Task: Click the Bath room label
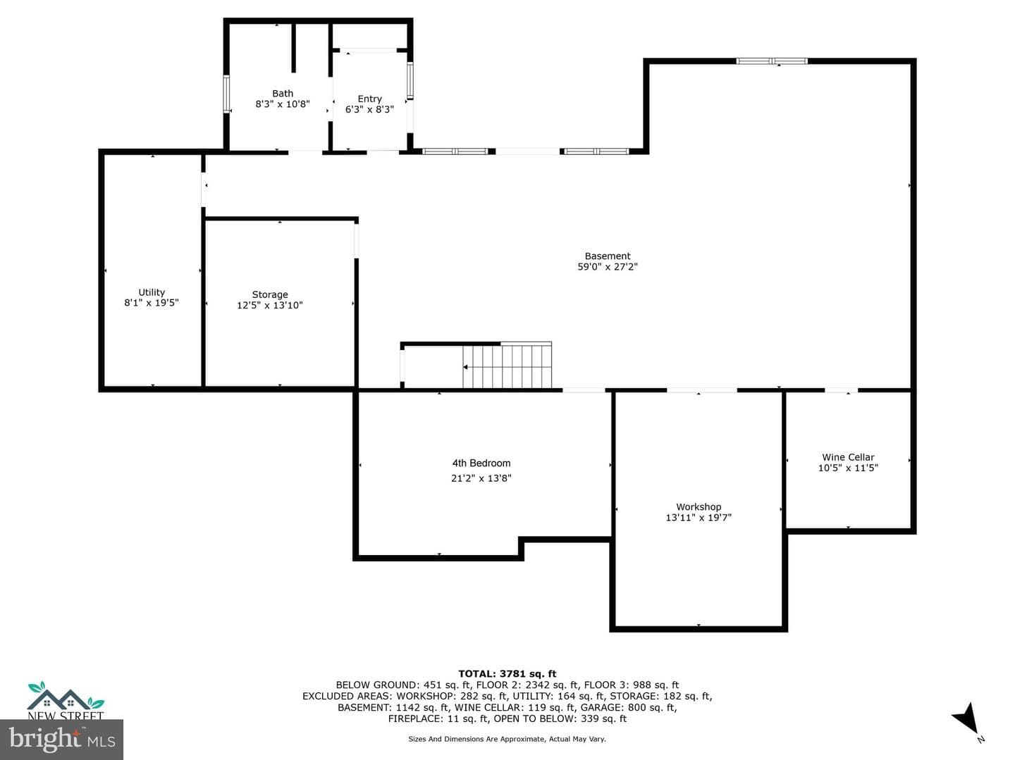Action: point(283,93)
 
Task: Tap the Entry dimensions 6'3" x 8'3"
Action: point(369,109)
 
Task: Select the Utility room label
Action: point(152,292)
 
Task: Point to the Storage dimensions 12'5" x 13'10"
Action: point(270,305)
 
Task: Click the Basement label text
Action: point(608,256)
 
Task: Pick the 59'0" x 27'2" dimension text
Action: point(608,266)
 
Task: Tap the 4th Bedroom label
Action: point(481,463)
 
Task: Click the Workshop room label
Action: point(699,507)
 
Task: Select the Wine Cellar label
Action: point(848,457)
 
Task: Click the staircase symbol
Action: point(508,366)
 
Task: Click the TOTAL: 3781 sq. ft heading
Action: point(508,673)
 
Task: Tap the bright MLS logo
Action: point(61,739)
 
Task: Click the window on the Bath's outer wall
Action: point(226,94)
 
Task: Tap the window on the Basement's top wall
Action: point(772,61)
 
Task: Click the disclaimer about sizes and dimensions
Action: point(507,739)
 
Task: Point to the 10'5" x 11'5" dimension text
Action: point(848,468)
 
